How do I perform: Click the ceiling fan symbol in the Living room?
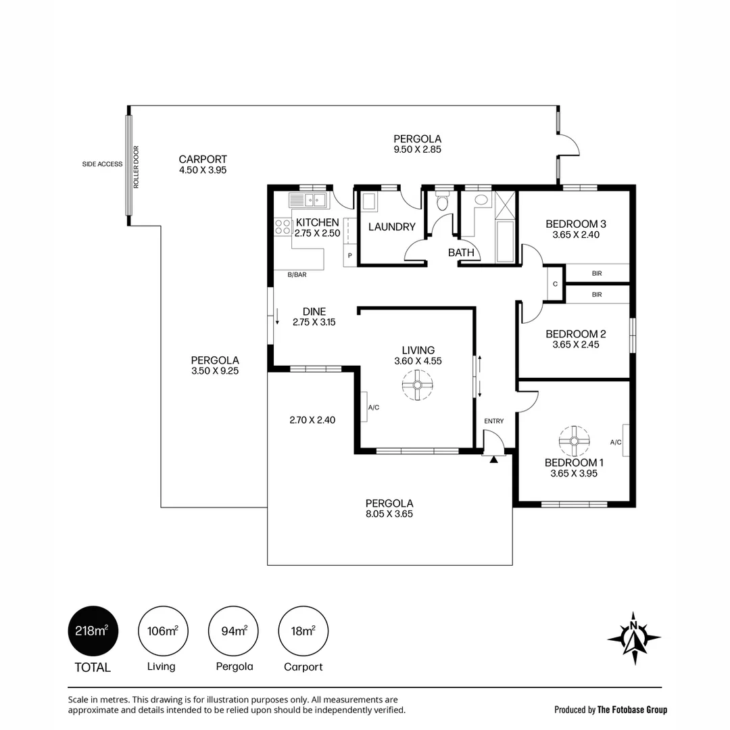[x=418, y=385]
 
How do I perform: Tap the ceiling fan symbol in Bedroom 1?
[x=574, y=441]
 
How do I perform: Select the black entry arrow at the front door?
[x=493, y=460]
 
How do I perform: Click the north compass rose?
[x=633, y=638]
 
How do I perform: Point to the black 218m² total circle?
[x=93, y=631]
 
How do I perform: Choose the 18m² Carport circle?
[x=303, y=631]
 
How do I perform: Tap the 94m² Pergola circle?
[x=233, y=631]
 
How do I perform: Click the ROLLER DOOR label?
[x=137, y=167]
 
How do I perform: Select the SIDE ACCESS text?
[x=102, y=164]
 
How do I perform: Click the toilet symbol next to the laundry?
[x=442, y=202]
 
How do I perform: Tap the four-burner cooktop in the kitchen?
[x=283, y=227]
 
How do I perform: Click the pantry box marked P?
[x=350, y=255]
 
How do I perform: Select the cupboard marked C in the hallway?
[x=555, y=284]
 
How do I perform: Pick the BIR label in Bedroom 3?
[x=597, y=273]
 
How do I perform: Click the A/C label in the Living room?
[x=374, y=408]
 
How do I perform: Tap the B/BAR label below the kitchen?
[x=297, y=274]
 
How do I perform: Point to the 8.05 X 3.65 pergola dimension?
[x=389, y=514]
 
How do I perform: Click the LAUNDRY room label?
[x=391, y=226]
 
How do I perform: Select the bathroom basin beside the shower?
[x=482, y=200]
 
